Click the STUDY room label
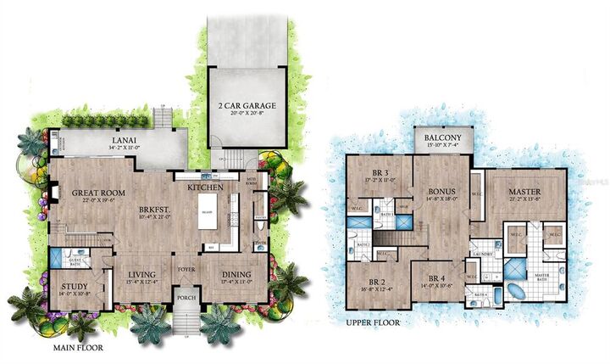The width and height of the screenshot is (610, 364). tap(75, 286)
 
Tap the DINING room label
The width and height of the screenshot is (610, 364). tap(241, 274)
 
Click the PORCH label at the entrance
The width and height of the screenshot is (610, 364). tap(186, 297)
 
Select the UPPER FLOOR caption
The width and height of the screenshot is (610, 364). tap(372, 323)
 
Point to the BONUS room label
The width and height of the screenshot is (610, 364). tap(441, 193)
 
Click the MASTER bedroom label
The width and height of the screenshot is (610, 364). tap(525, 192)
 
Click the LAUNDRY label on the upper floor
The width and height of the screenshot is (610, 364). tap(483, 254)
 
